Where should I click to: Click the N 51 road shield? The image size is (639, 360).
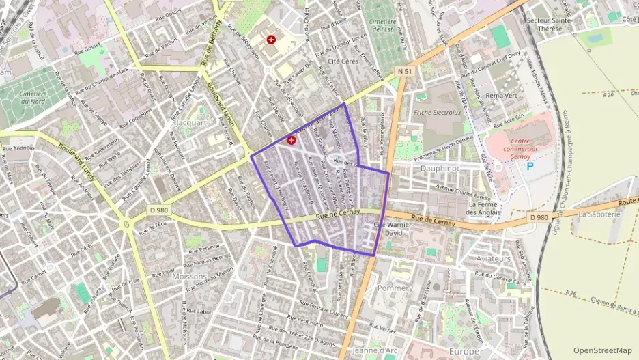pyautogui.click(x=404, y=71)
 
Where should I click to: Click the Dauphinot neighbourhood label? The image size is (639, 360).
pyautogui.click(x=439, y=167)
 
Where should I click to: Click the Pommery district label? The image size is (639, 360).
pyautogui.click(x=396, y=288)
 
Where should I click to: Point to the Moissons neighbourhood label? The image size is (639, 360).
pyautogui.click(x=190, y=277)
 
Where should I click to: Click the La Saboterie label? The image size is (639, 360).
pyautogui.click(x=599, y=214)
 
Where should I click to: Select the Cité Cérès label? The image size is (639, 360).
pyautogui.click(x=343, y=61)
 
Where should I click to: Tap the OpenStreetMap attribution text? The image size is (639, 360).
pyautogui.click(x=602, y=350)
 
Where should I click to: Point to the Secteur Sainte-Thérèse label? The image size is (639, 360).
pyautogui.click(x=552, y=25)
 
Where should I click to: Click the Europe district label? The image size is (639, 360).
pyautogui.click(x=465, y=351)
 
